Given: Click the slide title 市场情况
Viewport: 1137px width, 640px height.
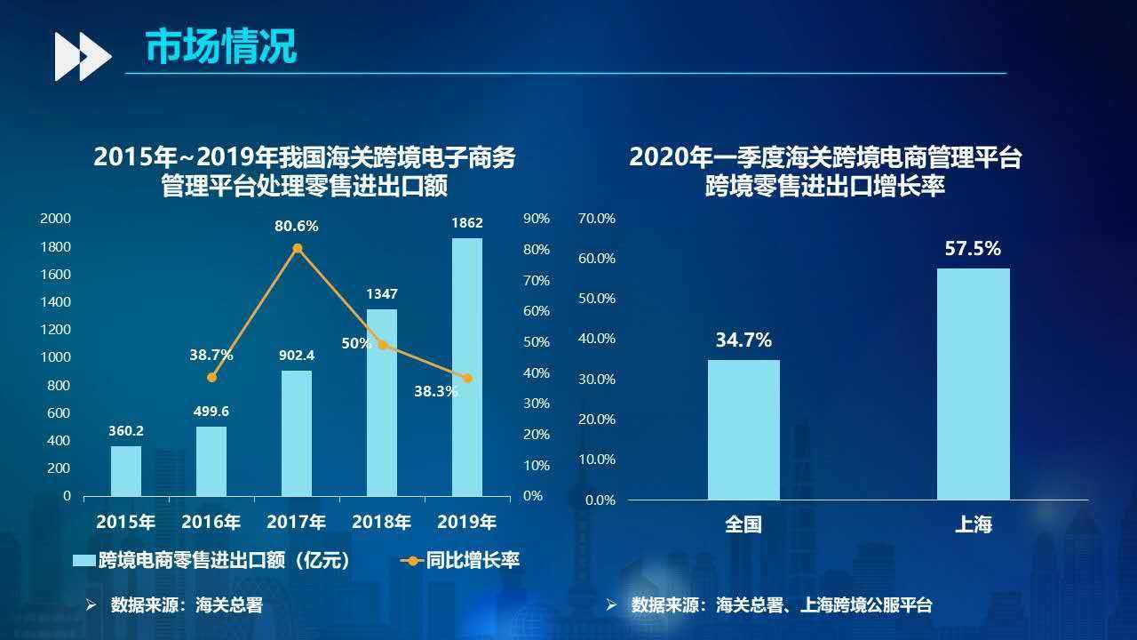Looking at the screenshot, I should (220, 46).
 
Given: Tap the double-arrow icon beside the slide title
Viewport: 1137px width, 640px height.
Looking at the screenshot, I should (82, 56).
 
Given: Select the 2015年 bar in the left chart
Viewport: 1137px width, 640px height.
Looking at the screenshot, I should (126, 470).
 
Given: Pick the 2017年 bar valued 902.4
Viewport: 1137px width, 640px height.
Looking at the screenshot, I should (297, 433).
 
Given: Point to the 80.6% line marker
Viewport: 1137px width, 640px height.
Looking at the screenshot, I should (298, 248).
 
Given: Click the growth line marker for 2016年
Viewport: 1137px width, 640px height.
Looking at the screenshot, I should (211, 378).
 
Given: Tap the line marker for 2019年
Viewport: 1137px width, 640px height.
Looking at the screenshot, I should (467, 379).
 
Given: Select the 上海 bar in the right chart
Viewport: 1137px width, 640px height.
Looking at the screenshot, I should (973, 383).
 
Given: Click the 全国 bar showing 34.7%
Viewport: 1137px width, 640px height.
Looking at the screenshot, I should (743, 429).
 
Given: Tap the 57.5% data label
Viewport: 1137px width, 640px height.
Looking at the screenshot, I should (973, 249).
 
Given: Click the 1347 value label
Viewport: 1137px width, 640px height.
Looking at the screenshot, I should (382, 294).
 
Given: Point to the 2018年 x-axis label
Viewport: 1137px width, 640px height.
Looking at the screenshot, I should (382, 522).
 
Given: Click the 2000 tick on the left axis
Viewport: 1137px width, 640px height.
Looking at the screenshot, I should (56, 219).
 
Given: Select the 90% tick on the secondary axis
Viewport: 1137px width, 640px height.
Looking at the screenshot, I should (537, 219).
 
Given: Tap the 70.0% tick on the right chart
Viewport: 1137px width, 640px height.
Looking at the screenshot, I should (596, 219).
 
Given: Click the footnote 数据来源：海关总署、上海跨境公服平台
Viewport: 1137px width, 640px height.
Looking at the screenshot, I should (782, 605).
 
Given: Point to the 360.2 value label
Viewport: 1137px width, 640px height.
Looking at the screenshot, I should (126, 431).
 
